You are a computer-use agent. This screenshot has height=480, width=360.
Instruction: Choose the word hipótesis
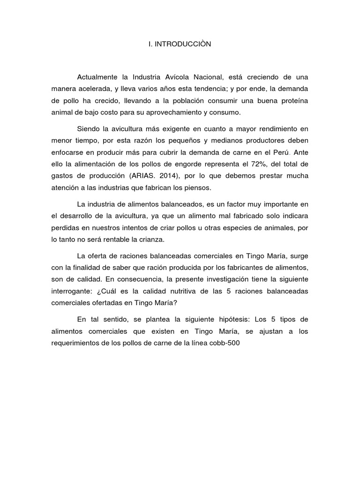click(230, 320)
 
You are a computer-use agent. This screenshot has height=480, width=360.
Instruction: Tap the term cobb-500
click(230, 343)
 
